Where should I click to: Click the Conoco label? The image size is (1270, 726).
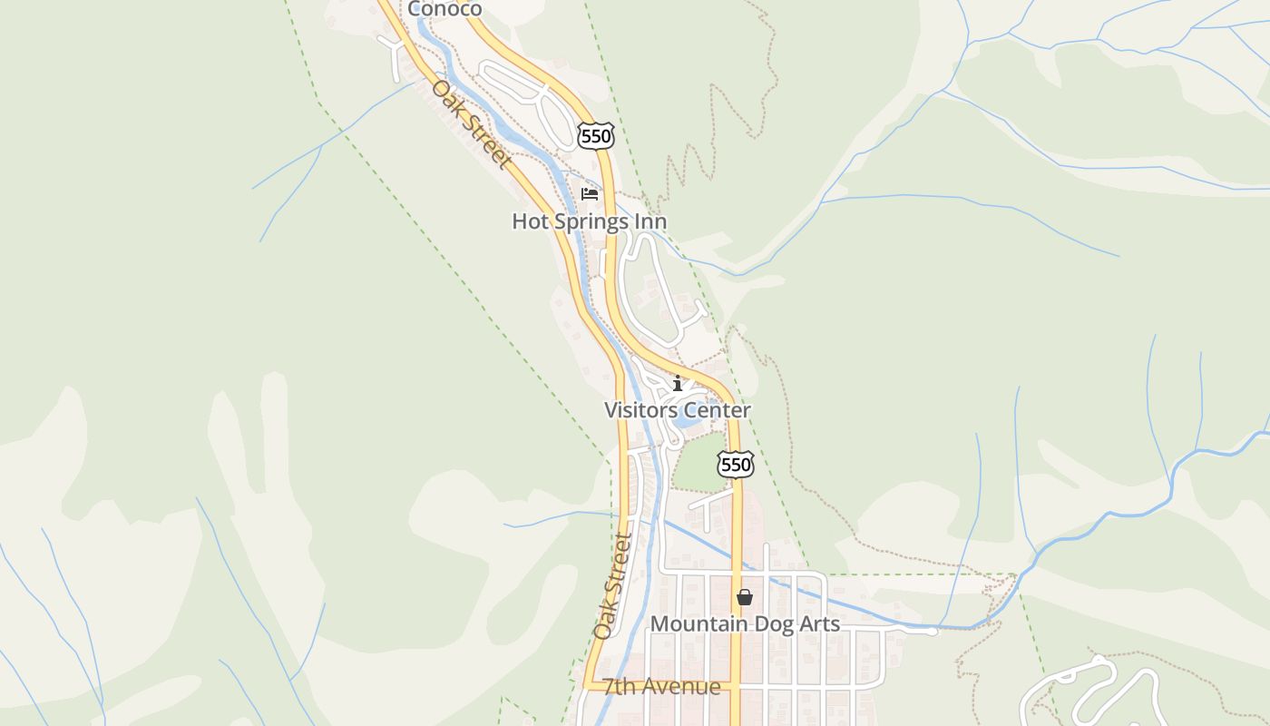click(444, 9)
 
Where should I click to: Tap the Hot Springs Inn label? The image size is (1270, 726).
click(589, 221)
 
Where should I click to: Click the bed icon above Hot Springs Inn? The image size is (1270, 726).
click(590, 193)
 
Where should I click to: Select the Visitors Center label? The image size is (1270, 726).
click(678, 410)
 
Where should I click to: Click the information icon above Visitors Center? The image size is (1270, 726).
click(678, 383)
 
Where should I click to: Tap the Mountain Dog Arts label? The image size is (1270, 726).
click(745, 624)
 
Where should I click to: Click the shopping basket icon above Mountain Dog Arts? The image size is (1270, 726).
click(745, 597)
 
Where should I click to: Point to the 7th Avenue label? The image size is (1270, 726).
click(662, 687)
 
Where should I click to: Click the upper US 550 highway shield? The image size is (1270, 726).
click(595, 136)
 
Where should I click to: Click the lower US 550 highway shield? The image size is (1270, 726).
click(735, 465)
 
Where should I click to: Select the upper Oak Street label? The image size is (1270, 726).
click(471, 124)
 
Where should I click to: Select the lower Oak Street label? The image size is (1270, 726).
click(612, 586)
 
